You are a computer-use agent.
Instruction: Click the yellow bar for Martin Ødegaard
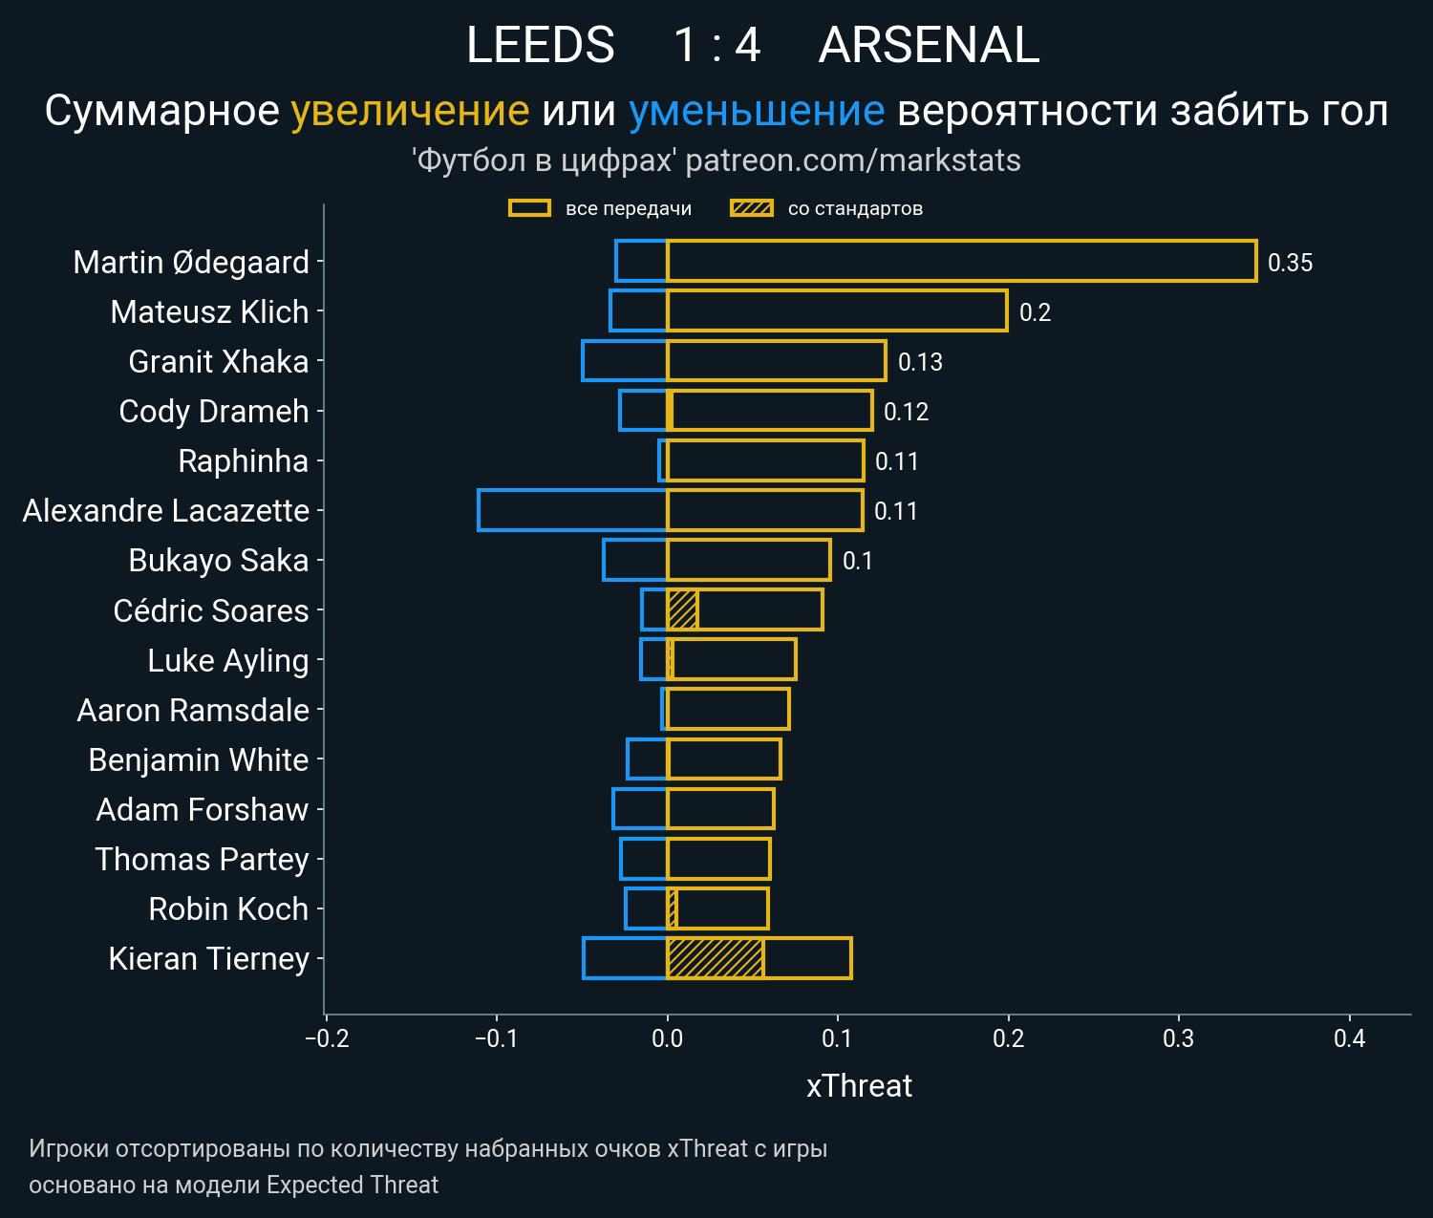[x=960, y=262]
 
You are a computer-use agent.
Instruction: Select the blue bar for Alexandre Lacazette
[x=572, y=510]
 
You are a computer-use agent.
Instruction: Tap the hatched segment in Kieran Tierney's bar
[x=715, y=958]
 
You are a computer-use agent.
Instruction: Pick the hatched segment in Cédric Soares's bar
[x=682, y=609]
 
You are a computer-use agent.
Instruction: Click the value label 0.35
[x=1290, y=263]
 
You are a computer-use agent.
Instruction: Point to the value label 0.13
[x=920, y=362]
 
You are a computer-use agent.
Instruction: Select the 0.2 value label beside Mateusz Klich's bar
[x=1035, y=312]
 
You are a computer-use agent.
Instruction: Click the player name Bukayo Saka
[x=219, y=561]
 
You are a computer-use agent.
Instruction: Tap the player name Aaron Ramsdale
[x=193, y=711]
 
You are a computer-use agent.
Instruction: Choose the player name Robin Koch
[x=228, y=909]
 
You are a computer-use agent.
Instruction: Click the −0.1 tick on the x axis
[x=496, y=1038]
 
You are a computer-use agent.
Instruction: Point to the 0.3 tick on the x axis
[x=1179, y=1038]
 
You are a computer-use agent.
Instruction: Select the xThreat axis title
[x=859, y=1086]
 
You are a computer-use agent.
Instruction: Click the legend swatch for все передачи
[x=529, y=208]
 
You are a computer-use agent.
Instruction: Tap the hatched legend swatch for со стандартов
[x=751, y=208]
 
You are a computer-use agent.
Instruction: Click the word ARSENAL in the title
[x=929, y=46]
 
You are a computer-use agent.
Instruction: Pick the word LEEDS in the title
[x=541, y=46]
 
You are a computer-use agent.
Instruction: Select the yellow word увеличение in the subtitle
[x=410, y=112]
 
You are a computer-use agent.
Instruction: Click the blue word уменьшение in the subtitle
[x=757, y=112]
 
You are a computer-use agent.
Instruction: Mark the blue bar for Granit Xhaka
[x=625, y=361]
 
